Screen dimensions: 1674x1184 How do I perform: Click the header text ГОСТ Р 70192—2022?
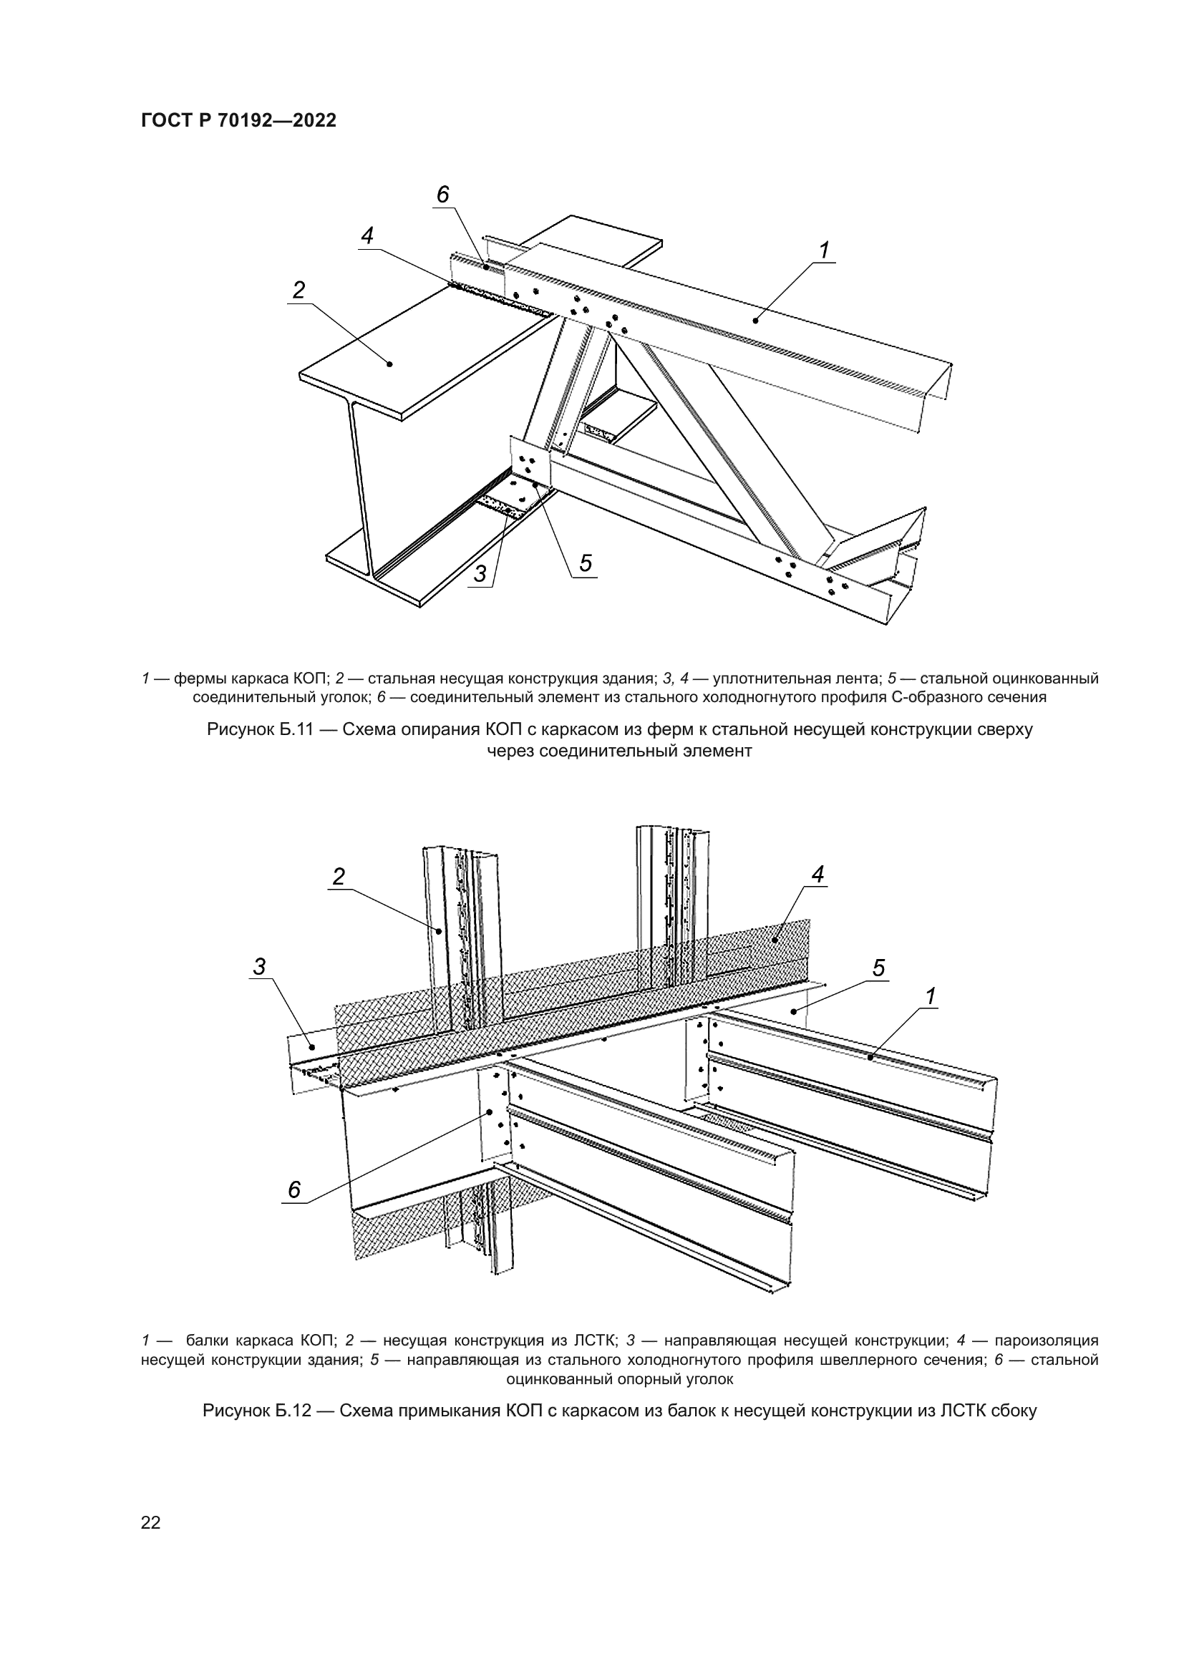[x=238, y=121]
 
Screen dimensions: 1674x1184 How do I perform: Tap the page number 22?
[x=151, y=1522]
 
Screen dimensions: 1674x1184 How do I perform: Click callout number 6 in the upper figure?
[x=442, y=195]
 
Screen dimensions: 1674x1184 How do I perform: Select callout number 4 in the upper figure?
[x=367, y=235]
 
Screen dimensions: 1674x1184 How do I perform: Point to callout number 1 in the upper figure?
[x=824, y=250]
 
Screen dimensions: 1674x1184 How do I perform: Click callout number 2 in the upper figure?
[x=299, y=290]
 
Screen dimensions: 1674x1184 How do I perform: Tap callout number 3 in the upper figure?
[x=480, y=574]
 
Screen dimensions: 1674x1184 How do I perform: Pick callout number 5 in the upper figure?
[x=586, y=563]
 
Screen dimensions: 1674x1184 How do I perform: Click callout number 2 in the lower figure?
[x=339, y=877]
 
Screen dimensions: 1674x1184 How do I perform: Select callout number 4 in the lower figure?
[x=817, y=874]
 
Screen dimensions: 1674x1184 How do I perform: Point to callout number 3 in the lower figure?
[x=260, y=967]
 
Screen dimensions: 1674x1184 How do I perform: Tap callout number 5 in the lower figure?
[x=878, y=968]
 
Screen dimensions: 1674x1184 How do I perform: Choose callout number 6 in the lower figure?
[x=294, y=1190]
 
